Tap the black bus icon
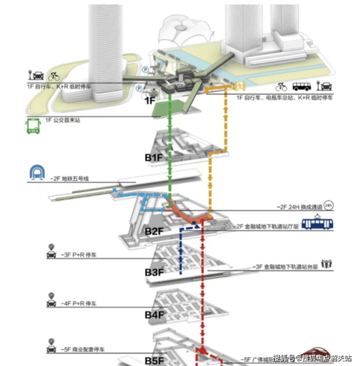click(302, 87)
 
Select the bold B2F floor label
click(154, 231)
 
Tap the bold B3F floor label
click(154, 273)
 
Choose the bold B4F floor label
click(154, 315)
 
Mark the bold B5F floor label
click(154, 361)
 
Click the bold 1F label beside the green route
click(150, 101)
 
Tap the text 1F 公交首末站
click(62, 120)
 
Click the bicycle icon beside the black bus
click(282, 87)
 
